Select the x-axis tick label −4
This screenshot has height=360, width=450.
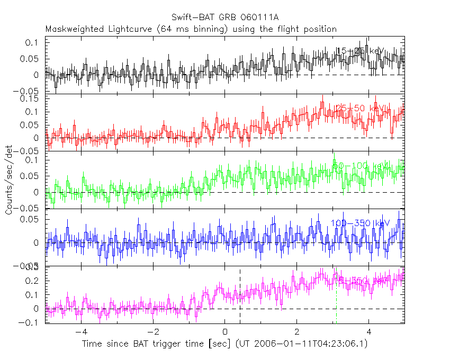tap(81, 332)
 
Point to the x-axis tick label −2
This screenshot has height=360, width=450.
tap(153, 332)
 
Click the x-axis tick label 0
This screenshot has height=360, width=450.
tap(225, 332)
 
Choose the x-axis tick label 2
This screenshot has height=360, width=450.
tap(297, 332)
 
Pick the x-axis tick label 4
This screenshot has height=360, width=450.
tap(369, 332)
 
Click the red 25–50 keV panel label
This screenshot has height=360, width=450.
tap(361, 109)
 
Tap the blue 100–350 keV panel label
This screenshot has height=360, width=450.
tap(360, 223)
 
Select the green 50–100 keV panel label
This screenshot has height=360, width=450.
tap(360, 166)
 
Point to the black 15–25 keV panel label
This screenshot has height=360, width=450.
tap(359, 51)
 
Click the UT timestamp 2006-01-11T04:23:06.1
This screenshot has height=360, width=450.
tap(308, 344)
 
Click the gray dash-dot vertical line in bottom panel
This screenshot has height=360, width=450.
tap(336, 302)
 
